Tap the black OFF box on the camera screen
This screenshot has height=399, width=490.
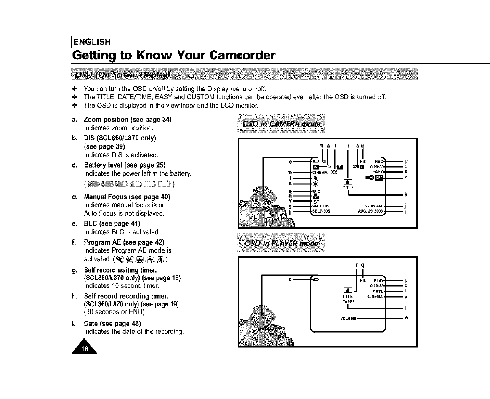pos(378,177)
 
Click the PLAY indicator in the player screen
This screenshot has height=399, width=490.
pos(379,280)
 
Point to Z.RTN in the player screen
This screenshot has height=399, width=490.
pos(378,290)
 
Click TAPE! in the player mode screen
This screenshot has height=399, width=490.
pos(348,301)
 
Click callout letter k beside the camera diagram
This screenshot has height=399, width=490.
pos(406,194)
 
